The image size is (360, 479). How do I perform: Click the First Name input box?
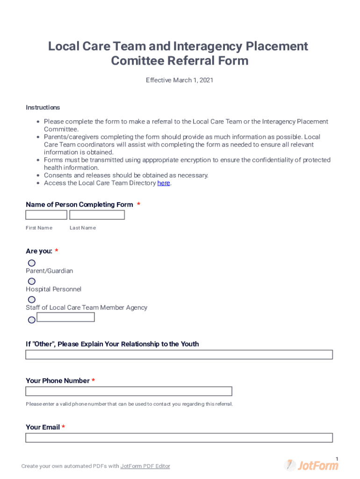(46, 215)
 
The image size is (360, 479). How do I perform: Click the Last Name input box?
(97, 215)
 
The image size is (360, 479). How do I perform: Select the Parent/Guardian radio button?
(32, 263)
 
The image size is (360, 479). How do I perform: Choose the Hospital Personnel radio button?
(32, 282)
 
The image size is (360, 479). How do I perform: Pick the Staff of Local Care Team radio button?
(32, 300)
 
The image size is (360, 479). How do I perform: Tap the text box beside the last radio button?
(65, 317)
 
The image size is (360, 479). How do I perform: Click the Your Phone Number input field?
(129, 392)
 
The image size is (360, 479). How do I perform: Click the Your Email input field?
(179, 438)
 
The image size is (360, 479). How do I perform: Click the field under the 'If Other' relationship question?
(179, 355)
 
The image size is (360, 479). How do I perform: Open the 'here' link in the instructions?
(164, 183)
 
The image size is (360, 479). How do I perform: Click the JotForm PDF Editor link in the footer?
(145, 466)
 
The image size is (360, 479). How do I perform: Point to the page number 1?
(337, 458)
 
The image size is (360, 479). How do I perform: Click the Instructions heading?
(43, 108)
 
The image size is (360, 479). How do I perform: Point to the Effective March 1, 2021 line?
(180, 80)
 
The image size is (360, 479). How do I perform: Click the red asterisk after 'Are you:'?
(57, 251)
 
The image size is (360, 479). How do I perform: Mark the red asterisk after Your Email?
(64, 427)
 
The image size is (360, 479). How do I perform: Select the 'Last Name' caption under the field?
(83, 228)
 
